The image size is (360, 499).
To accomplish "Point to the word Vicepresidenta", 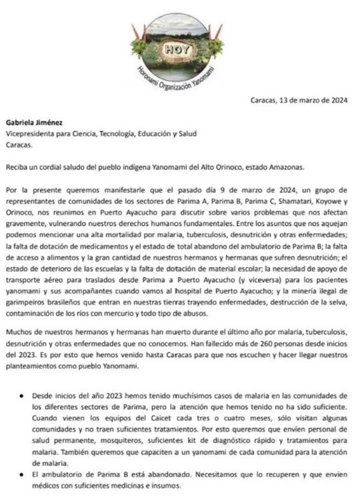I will pyautogui.click(x=31, y=133).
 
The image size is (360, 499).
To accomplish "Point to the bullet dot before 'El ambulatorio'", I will pyautogui.click(x=23, y=471).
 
